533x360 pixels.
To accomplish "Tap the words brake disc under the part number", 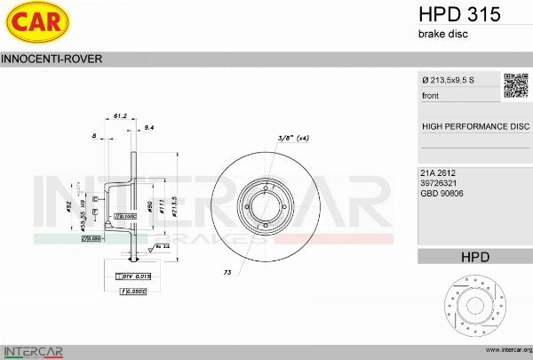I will (442, 34).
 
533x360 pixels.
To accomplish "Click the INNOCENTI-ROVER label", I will (52, 59).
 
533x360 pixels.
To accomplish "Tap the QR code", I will (515, 84).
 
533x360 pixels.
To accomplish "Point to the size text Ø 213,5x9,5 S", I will (448, 80).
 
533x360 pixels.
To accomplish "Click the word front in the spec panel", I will (430, 95).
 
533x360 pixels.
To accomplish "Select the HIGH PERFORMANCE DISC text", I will (474, 126).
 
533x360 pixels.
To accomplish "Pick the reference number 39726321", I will (438, 182).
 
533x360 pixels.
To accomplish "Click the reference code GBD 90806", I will (441, 193).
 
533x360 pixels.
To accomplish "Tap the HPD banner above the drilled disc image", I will (474, 257).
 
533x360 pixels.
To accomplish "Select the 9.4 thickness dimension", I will (149, 128).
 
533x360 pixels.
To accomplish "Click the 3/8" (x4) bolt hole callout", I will (293, 138).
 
